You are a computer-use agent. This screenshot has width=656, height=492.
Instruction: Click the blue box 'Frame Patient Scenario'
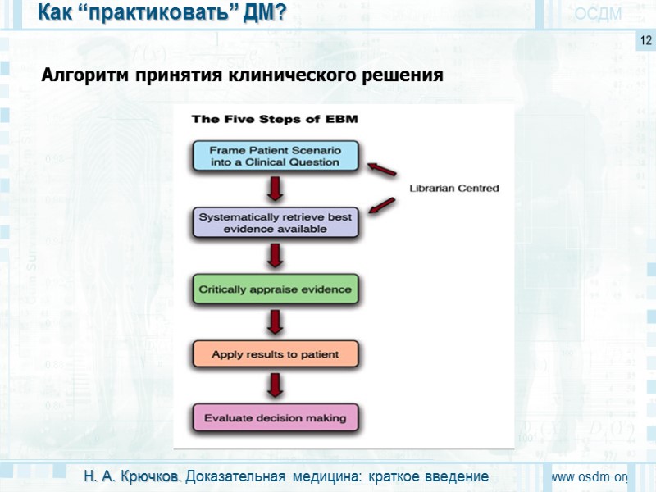[276, 156]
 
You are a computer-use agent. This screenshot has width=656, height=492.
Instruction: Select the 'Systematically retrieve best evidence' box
[276, 223]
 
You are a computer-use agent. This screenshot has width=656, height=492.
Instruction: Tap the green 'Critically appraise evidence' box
[276, 289]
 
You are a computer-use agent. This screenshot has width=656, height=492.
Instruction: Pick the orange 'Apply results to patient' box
[276, 354]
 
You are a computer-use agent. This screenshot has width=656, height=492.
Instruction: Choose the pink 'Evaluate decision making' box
[276, 417]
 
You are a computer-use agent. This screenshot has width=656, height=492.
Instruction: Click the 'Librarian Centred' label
[454, 189]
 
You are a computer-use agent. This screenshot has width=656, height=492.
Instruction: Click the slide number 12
[645, 40]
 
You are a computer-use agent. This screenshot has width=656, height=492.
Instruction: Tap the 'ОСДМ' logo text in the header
[598, 14]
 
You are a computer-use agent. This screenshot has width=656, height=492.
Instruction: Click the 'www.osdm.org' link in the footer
[589, 477]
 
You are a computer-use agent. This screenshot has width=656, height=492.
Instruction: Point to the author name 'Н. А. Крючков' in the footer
[134, 476]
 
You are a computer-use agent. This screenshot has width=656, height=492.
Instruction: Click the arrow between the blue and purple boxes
[276, 189]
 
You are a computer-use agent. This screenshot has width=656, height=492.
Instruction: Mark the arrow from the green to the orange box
[276, 322]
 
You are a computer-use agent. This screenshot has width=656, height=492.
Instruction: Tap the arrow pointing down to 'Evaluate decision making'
[276, 385]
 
